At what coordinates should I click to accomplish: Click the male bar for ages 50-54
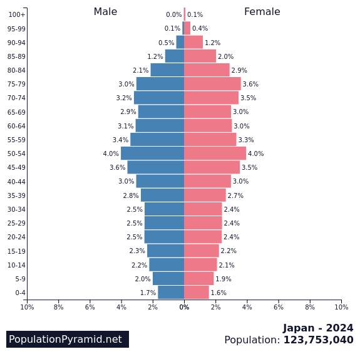(x=152, y=153)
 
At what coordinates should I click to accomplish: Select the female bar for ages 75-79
(x=212, y=84)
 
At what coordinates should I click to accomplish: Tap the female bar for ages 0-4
(x=197, y=293)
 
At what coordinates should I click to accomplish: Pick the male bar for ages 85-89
(x=175, y=56)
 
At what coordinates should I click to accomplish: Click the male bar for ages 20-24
(x=164, y=237)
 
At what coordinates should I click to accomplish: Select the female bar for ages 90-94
(x=193, y=43)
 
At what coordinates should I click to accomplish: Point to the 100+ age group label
(x=17, y=14)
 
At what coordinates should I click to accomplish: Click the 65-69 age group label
(x=16, y=112)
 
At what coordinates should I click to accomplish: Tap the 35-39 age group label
(x=16, y=195)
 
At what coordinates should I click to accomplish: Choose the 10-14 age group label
(x=16, y=265)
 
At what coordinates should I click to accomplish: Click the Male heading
(x=105, y=12)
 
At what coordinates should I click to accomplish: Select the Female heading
(x=262, y=12)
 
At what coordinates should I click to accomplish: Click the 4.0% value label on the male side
(x=111, y=154)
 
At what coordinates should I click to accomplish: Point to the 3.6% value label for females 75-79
(x=250, y=85)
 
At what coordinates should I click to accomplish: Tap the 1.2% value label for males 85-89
(x=155, y=57)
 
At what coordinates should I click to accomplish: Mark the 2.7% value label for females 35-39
(x=235, y=196)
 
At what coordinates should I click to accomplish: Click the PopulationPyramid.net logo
(x=66, y=339)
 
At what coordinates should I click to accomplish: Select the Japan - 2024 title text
(x=317, y=328)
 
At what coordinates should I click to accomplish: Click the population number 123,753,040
(x=318, y=340)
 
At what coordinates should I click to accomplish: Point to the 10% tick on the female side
(x=341, y=307)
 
